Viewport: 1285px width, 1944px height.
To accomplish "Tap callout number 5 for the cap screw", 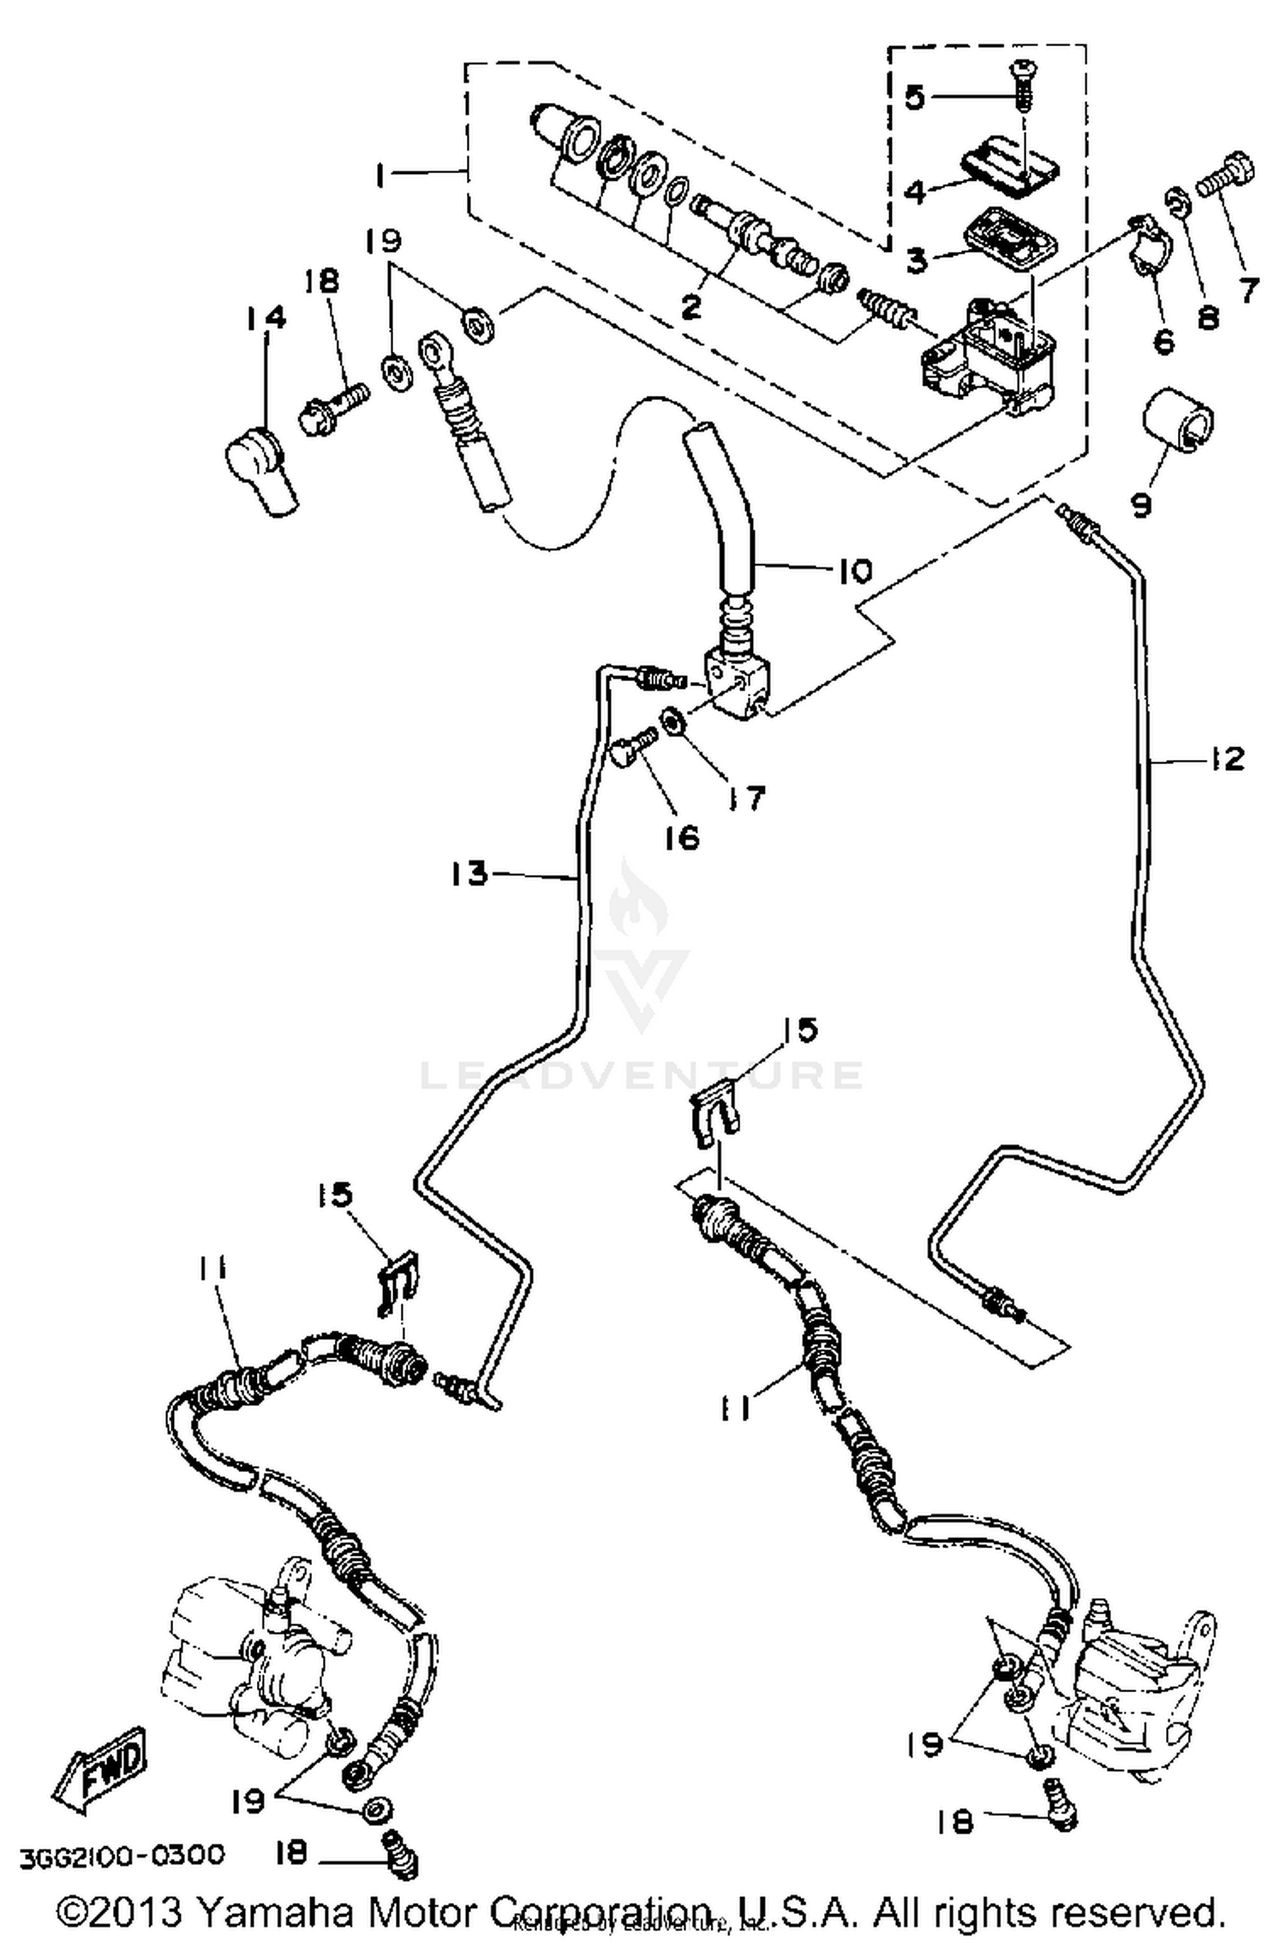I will tap(915, 98).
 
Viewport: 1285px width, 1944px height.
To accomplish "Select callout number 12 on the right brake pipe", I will tap(1225, 758).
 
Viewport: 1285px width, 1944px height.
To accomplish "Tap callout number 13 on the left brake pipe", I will tap(470, 874).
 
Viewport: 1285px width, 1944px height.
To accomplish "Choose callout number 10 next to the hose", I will tap(852, 571).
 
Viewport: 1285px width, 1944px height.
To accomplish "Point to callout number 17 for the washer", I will tap(744, 799).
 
